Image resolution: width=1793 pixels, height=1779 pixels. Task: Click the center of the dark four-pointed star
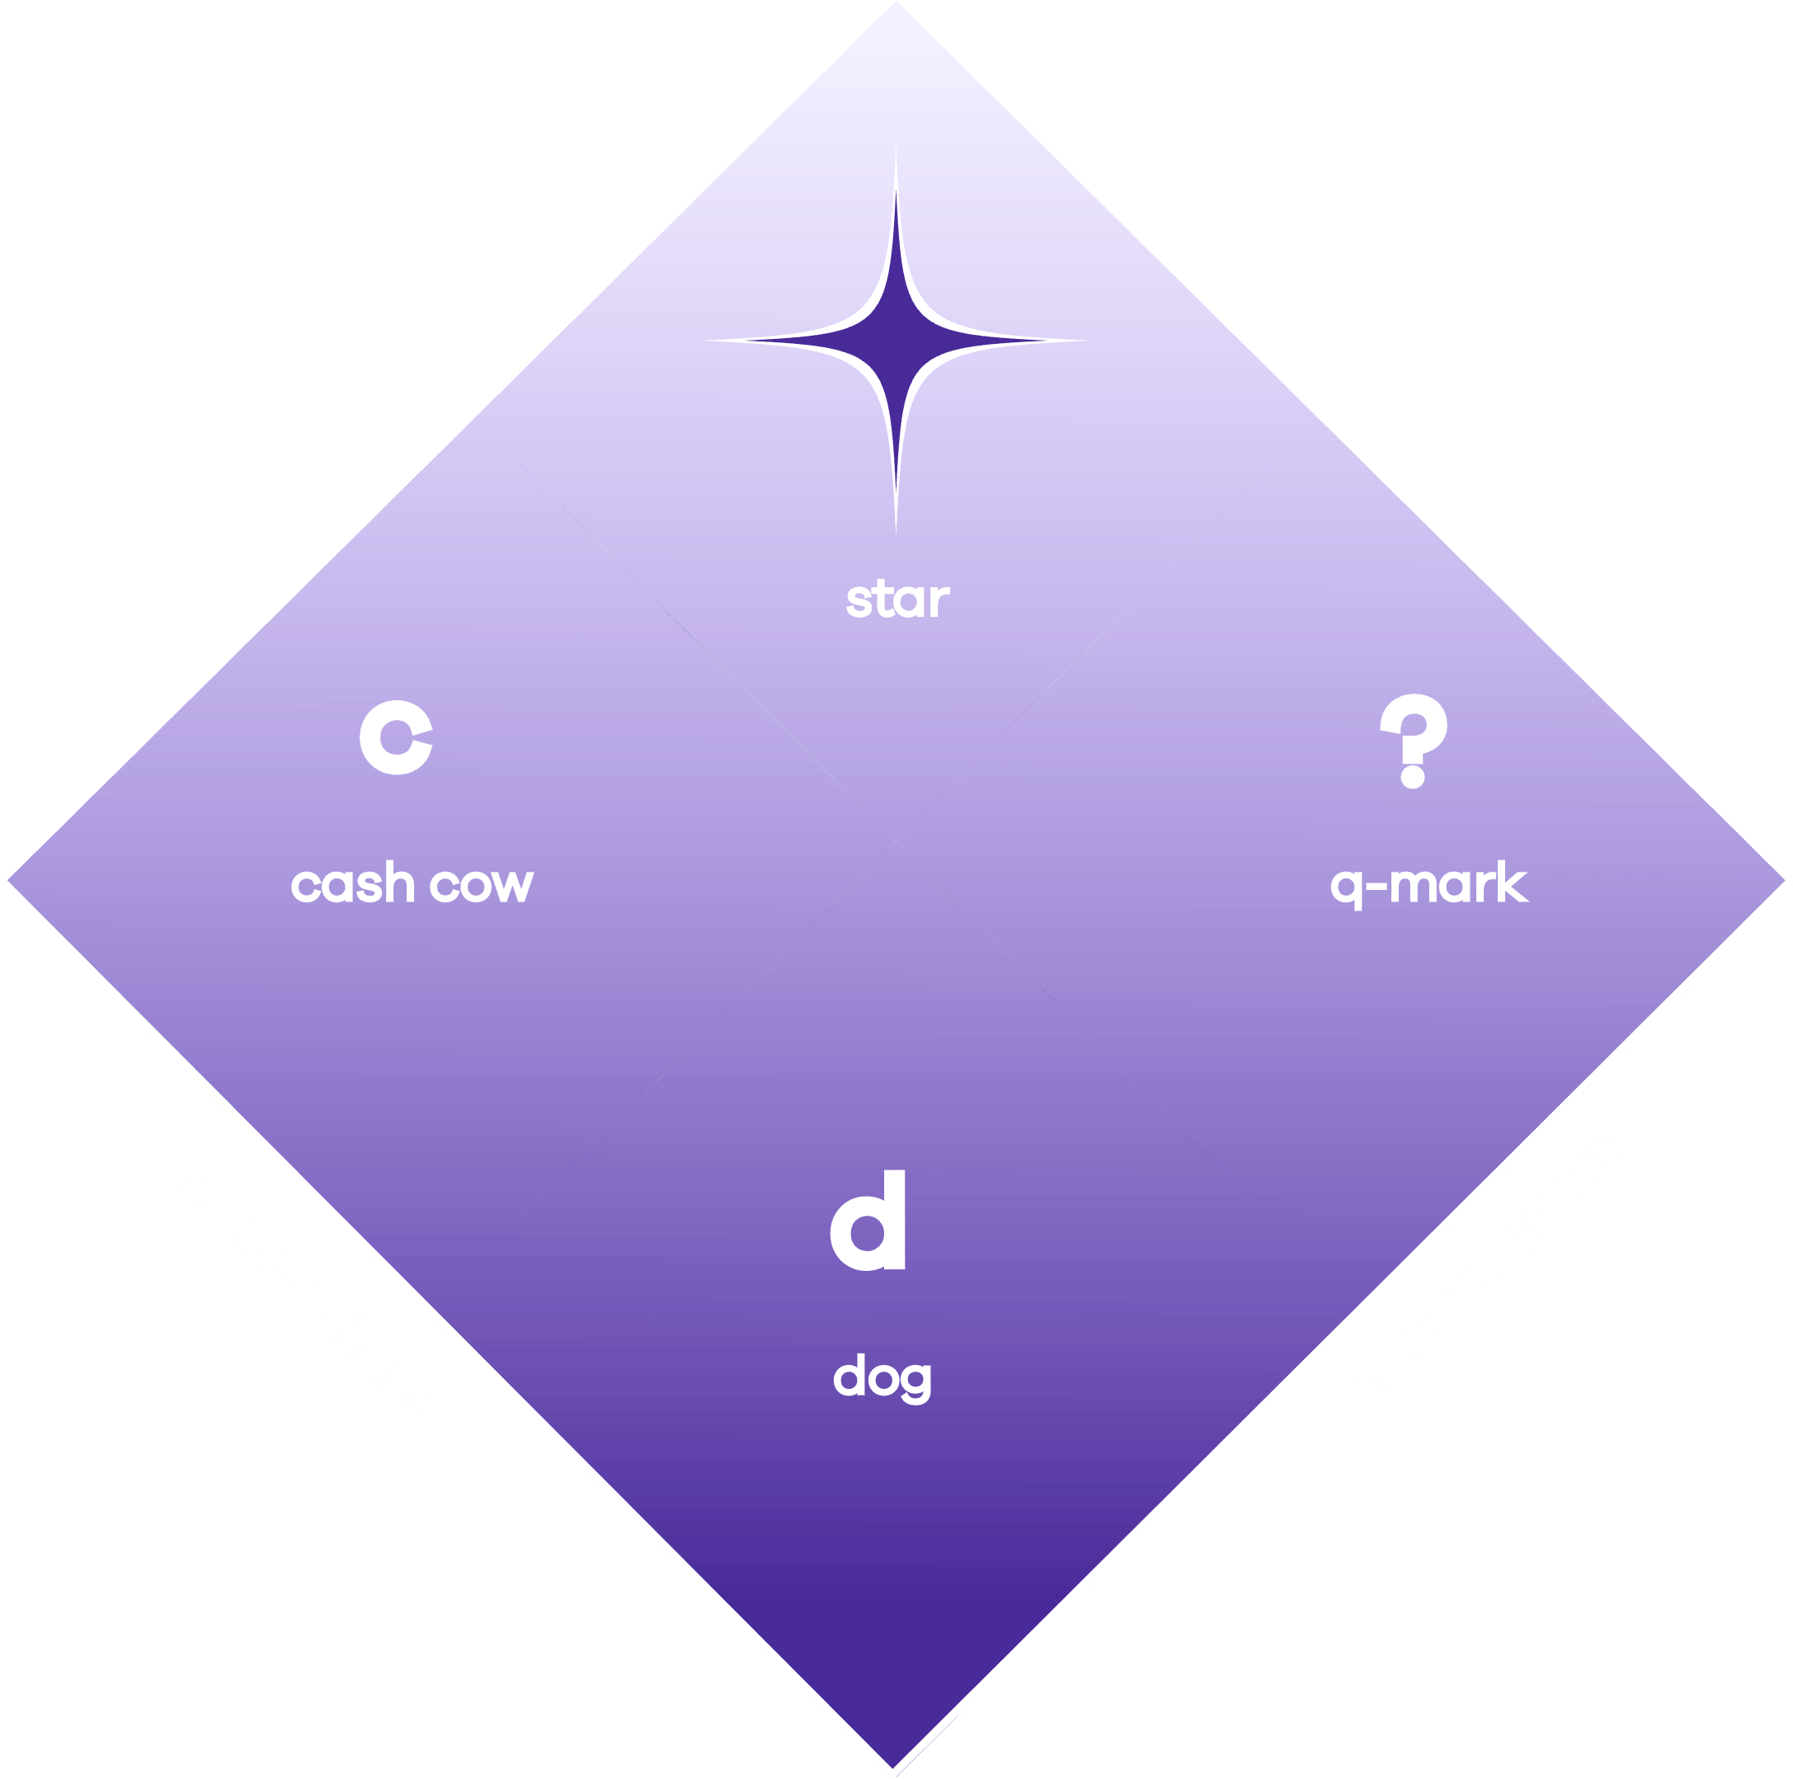coord(896,341)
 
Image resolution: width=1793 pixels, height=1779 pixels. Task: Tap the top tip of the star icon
coord(896,146)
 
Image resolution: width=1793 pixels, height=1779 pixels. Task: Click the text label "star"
coord(897,599)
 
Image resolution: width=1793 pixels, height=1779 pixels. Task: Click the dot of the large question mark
coord(1413,776)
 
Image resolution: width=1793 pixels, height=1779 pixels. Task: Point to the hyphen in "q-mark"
coord(1377,887)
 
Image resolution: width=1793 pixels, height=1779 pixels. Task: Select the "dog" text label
coord(882,1378)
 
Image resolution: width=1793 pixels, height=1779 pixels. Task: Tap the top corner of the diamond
coord(896,2)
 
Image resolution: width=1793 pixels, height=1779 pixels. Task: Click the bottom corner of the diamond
coord(892,1766)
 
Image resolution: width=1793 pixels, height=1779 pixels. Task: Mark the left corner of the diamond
coord(8,880)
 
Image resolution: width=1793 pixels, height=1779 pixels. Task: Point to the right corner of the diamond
coord(1785,880)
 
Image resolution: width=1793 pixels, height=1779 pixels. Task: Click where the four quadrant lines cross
coord(896,843)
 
